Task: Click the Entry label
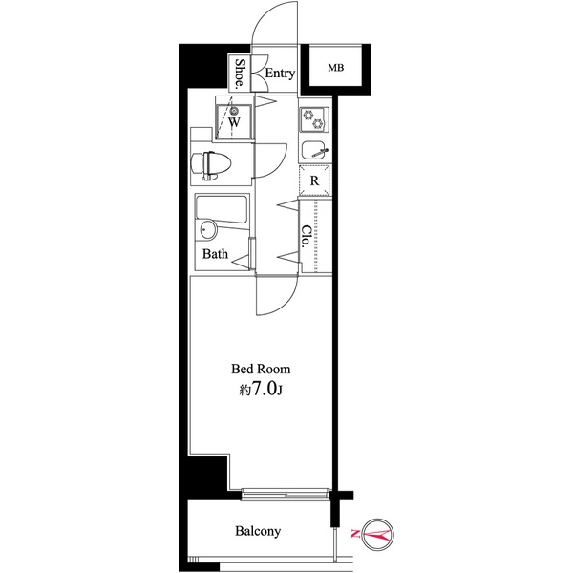click(x=280, y=74)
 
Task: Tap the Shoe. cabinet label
click(x=240, y=74)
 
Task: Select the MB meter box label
click(x=335, y=68)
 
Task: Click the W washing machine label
click(x=234, y=122)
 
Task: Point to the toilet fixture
click(x=211, y=165)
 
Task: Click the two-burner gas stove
click(x=314, y=119)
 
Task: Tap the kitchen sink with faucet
click(x=314, y=150)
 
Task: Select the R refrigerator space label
click(x=314, y=180)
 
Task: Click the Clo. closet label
click(x=307, y=237)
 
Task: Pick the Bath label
click(x=215, y=254)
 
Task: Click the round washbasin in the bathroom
click(x=207, y=230)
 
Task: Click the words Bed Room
click(x=261, y=369)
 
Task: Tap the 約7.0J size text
click(x=261, y=390)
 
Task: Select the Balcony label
click(x=258, y=531)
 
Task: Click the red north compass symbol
click(x=377, y=535)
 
